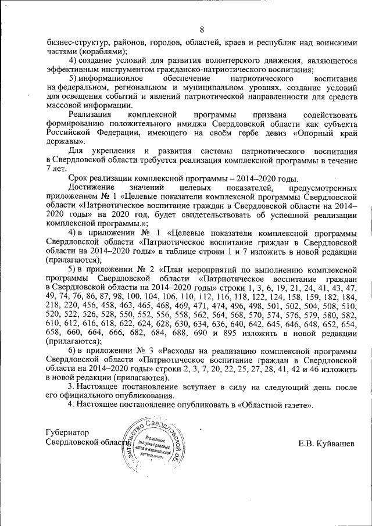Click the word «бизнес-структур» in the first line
pos(76,42)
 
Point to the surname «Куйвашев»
pos(334,443)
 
